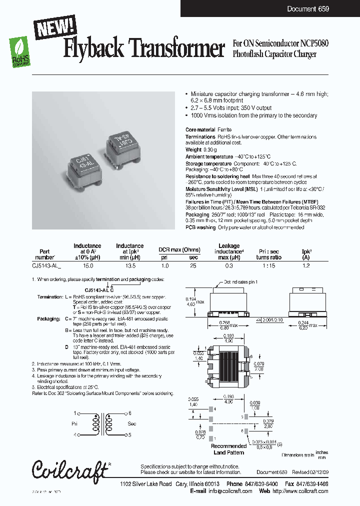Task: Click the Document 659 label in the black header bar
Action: [x=308, y=9]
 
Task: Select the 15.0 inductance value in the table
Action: [x=87, y=266]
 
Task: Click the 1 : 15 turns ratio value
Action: [x=269, y=266]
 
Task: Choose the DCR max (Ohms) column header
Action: [x=179, y=249]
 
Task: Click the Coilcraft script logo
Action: [x=69, y=470]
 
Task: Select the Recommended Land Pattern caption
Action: [x=229, y=449]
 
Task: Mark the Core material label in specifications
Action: [x=200, y=129]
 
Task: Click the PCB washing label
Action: [x=200, y=227]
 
